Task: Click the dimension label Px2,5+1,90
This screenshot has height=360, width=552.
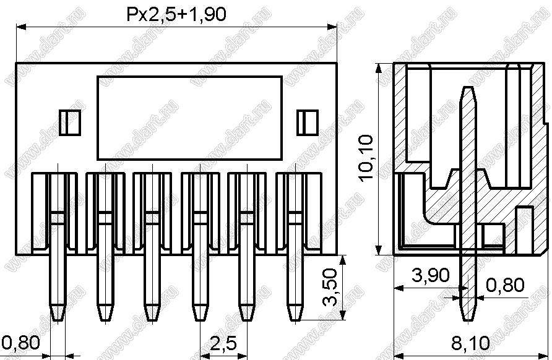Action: pos(176,14)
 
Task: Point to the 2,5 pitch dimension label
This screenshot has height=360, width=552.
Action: pos(223,343)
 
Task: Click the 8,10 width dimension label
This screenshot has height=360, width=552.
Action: pos(470,343)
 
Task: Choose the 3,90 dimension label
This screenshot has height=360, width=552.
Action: pos(430,275)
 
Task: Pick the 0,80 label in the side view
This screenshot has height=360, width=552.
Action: pos(505,285)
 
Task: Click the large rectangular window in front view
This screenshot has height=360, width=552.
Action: pos(190,118)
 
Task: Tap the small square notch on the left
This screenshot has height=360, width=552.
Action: pos(70,122)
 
